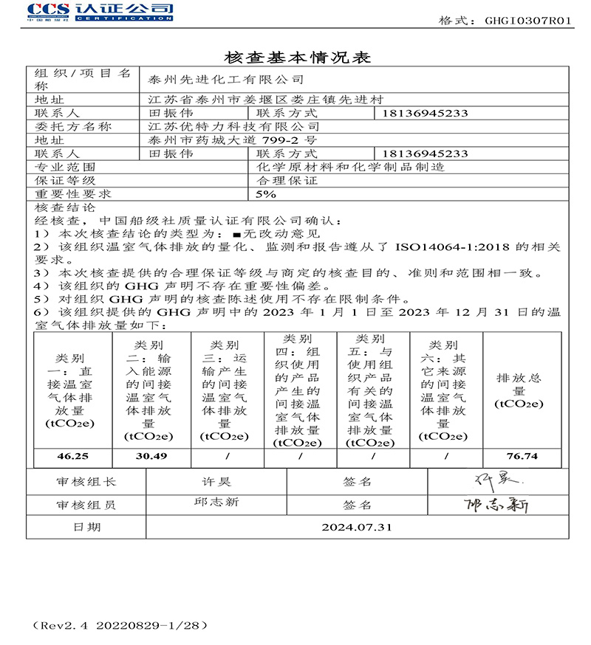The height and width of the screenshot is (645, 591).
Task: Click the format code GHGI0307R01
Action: (x=528, y=21)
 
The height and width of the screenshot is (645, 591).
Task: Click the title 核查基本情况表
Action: (x=295, y=57)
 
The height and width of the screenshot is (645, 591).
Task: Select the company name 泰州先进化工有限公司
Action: (x=225, y=79)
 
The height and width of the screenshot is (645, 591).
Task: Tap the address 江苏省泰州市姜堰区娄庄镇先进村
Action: (x=266, y=100)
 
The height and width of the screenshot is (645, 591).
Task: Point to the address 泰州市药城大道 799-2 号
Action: (x=233, y=140)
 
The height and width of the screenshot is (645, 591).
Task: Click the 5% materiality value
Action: (x=265, y=194)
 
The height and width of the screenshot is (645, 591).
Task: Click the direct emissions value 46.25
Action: (x=72, y=456)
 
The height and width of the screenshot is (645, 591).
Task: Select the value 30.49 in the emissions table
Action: (x=151, y=456)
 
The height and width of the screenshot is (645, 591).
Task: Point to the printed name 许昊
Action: (x=216, y=482)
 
